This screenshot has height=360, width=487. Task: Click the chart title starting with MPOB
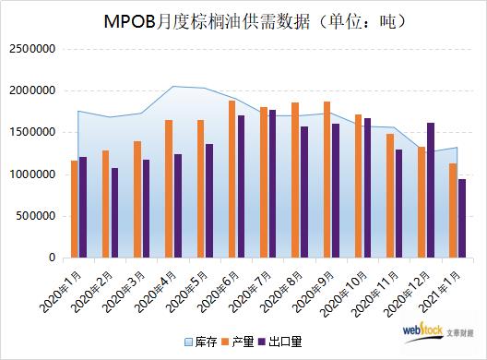243,18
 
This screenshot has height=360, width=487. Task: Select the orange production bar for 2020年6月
232,179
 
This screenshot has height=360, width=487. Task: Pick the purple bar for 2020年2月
114,212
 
